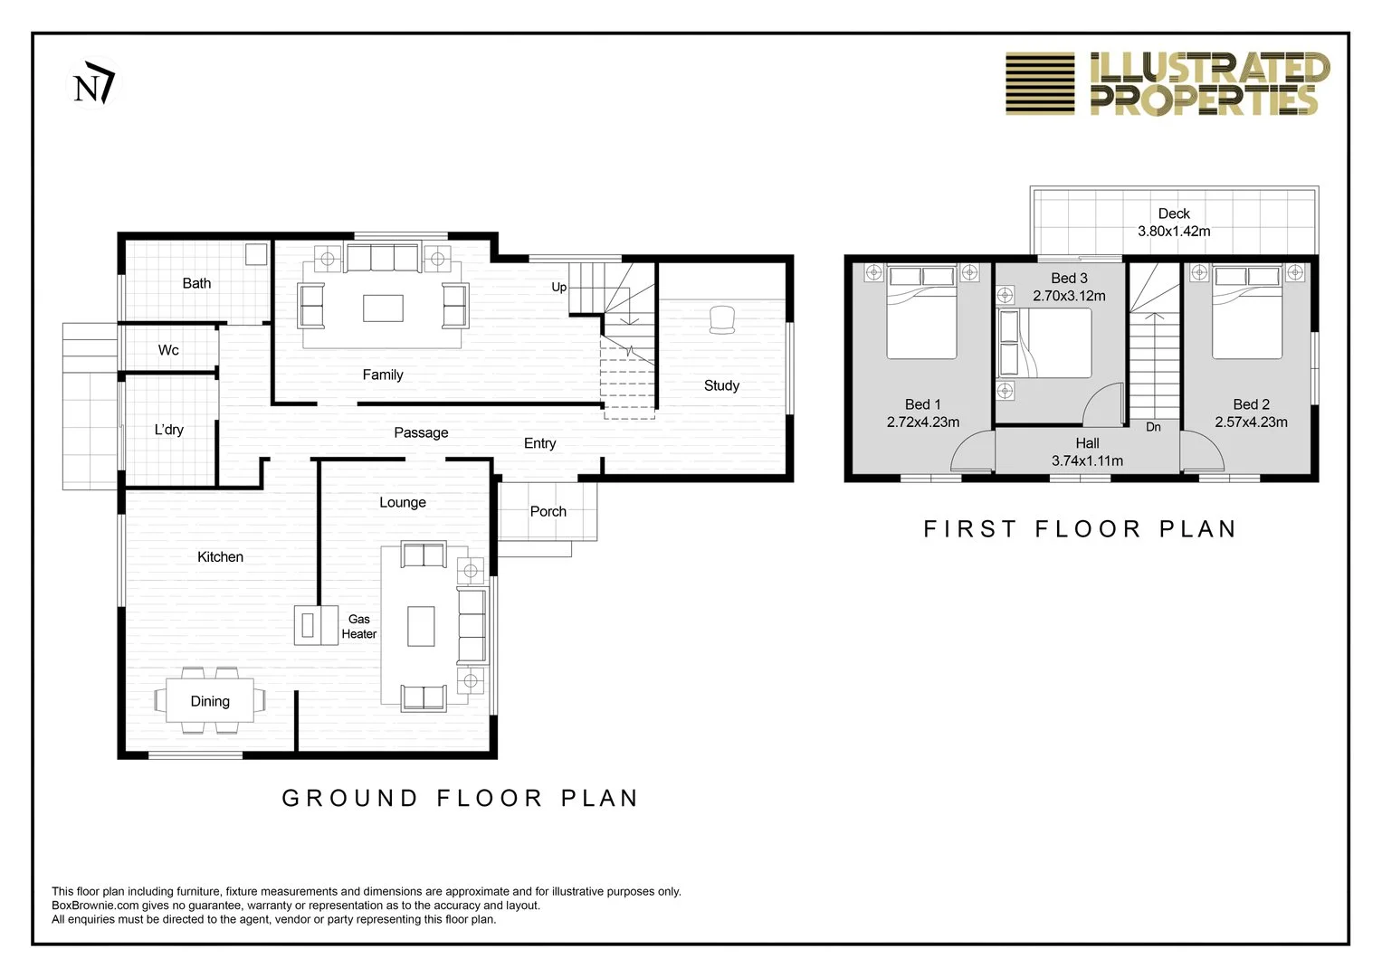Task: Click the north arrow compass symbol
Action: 94,82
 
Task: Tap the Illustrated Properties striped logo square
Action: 1040,83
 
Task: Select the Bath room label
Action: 196,283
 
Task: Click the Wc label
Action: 168,350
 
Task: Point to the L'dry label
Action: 169,430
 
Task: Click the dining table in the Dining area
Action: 210,700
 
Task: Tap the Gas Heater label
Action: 359,626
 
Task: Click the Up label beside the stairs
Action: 559,288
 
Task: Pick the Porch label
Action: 548,511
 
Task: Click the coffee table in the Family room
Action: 383,308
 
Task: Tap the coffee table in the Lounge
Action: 421,626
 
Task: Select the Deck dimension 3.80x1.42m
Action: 1174,232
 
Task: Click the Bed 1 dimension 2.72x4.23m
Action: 923,422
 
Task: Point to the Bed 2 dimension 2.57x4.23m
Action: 1251,422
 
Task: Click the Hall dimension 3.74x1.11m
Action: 1087,460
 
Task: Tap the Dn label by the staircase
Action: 1153,427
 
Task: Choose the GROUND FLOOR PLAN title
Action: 461,798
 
